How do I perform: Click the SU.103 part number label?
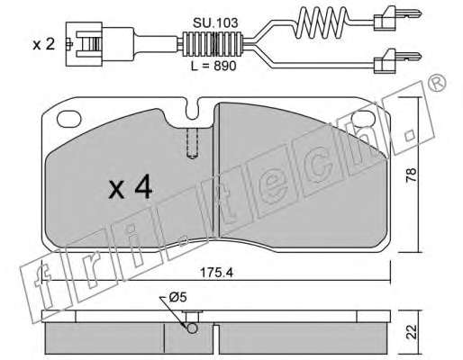coord(215,22)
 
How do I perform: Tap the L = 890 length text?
coord(213,66)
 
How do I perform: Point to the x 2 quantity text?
coord(44,45)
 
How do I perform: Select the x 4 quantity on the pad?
coord(131,187)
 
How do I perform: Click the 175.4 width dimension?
coord(216,273)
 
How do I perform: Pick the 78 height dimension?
coord(411,175)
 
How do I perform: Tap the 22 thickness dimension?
coord(411,332)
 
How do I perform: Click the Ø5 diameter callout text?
coord(177,297)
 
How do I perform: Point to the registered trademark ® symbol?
coord(436,82)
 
